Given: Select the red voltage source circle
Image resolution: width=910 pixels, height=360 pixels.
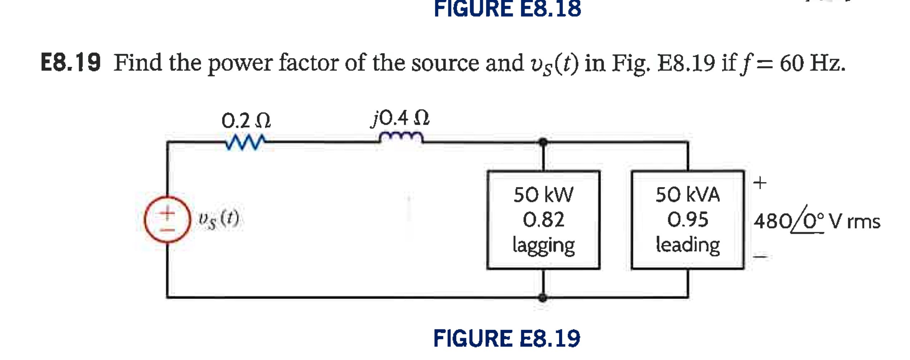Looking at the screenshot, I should coord(167,219).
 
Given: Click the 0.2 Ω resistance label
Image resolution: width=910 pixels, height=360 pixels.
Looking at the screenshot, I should coord(246,121).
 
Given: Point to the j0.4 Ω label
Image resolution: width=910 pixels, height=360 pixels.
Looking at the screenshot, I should coord(400,118).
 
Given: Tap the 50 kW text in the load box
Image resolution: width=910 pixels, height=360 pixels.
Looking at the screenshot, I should coord(543,195).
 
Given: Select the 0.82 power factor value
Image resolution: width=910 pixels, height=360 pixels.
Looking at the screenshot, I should coord(543,220).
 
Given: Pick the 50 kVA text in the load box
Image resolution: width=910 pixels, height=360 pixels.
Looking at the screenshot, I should coord(688,195).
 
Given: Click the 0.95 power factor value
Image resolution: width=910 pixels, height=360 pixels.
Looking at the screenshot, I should coord(688,220).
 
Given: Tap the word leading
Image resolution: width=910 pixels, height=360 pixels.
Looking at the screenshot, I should coord(688,245).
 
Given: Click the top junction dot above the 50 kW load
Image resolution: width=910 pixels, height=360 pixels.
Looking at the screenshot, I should coord(543,142).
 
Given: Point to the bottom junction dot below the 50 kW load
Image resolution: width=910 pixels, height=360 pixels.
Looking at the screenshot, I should coord(543,298).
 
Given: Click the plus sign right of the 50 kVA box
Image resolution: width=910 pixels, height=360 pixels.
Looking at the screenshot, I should coord(760,183).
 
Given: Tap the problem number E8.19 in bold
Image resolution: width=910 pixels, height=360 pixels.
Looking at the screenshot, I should coord(71,63).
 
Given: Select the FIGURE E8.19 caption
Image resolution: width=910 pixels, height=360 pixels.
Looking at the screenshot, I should coord(507,338).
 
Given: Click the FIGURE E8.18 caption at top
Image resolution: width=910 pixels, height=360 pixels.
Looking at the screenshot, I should coord(507,9).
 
